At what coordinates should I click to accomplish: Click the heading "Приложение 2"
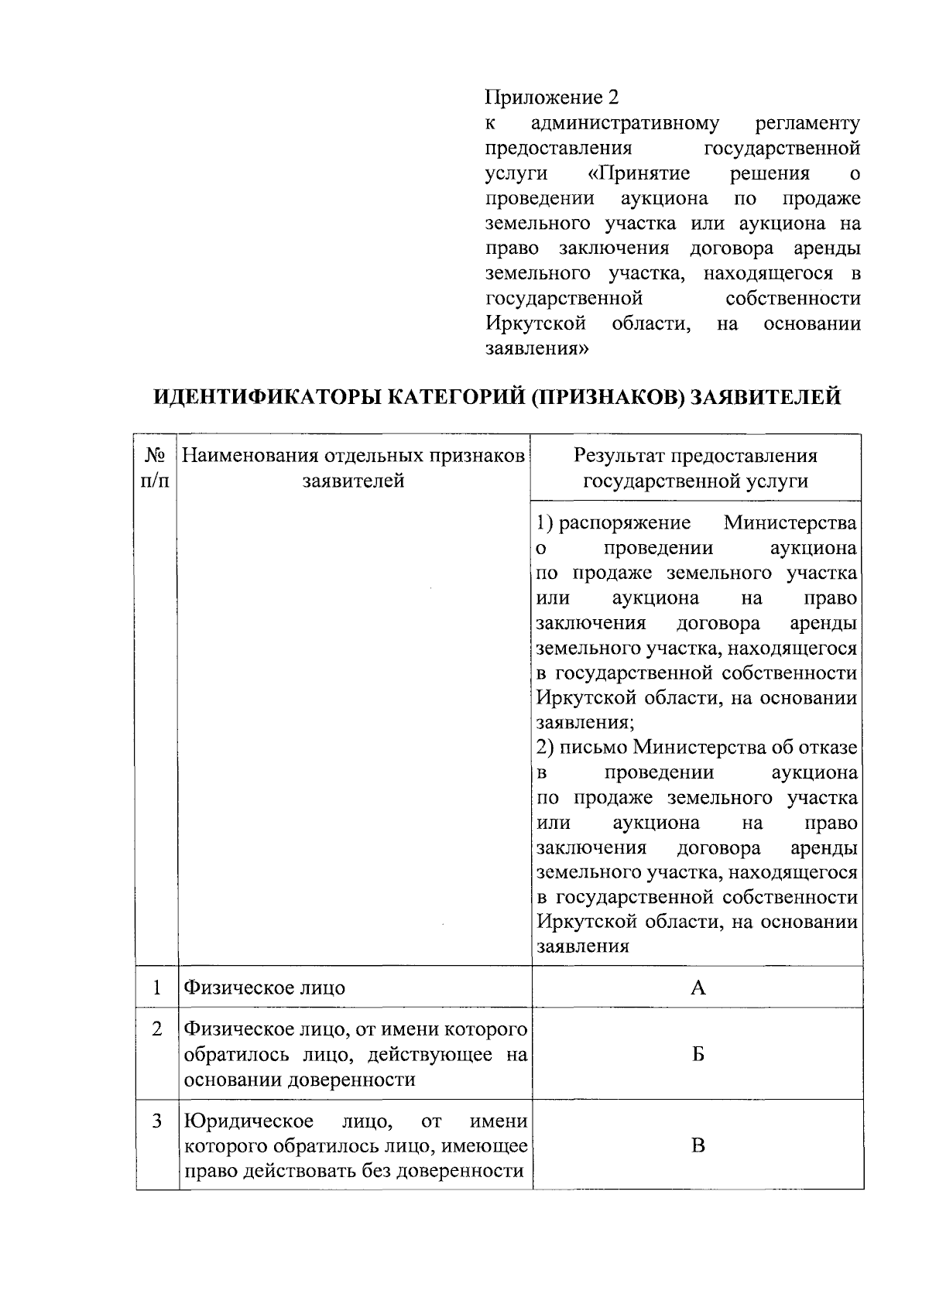[552, 98]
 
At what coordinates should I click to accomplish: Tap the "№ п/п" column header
[156, 468]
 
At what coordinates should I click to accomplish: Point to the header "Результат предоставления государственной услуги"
[695, 468]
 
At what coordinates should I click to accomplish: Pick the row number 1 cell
[157, 988]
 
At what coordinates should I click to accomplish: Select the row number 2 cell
[157, 1029]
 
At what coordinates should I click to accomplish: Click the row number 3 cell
[157, 1121]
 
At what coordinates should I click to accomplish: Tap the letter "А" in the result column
[698, 988]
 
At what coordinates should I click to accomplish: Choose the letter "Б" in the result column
[698, 1054]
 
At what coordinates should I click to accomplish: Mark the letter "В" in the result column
[698, 1145]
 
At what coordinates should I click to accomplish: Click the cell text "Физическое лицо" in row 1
[264, 988]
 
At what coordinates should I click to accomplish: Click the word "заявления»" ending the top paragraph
[537, 348]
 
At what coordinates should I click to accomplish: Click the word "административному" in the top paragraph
[626, 123]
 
